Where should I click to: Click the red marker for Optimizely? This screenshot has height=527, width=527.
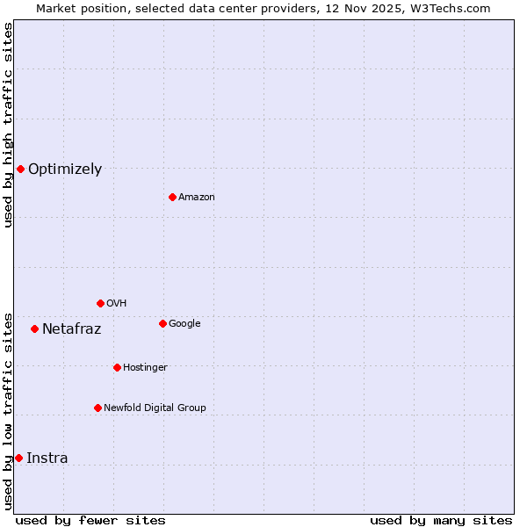pyautogui.click(x=20, y=169)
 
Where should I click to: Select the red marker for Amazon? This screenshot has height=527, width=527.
pyautogui.click(x=172, y=197)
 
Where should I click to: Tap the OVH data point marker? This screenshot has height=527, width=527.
pyautogui.click(x=100, y=303)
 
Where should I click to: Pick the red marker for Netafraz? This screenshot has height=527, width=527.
pyautogui.click(x=34, y=328)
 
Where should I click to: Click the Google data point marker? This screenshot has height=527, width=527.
pyautogui.click(x=162, y=323)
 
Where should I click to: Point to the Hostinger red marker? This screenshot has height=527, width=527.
pyautogui.click(x=117, y=367)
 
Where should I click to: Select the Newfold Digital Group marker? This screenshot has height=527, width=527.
pyautogui.click(x=97, y=408)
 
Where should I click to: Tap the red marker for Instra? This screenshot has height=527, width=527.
pyautogui.click(x=18, y=458)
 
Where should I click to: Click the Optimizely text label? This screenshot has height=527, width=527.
pyautogui.click(x=65, y=170)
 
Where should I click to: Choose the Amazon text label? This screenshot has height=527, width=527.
pyautogui.click(x=197, y=198)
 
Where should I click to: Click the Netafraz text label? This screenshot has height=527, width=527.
pyautogui.click(x=71, y=329)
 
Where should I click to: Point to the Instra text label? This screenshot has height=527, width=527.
pyautogui.click(x=47, y=458)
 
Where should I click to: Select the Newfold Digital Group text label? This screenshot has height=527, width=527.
pyautogui.click(x=155, y=408)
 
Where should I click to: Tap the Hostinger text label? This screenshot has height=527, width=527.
pyautogui.click(x=145, y=367)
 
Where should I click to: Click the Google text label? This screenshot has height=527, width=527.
pyautogui.click(x=184, y=324)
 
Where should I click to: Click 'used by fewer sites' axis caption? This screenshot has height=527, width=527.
pyautogui.click(x=90, y=520)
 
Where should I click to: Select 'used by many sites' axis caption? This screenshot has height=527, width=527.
pyautogui.click(x=441, y=520)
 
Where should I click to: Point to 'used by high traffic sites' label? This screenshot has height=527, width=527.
pyautogui.click(x=8, y=125)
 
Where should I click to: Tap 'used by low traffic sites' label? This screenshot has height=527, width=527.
pyautogui.click(x=8, y=411)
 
